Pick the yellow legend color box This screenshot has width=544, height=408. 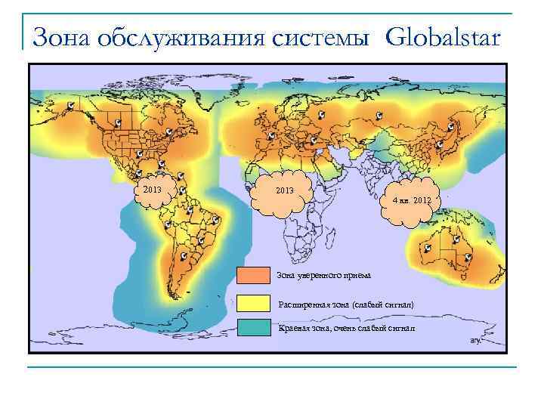tap(253, 302)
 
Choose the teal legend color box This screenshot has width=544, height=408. tap(253, 327)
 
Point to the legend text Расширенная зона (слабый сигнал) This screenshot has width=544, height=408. tap(346, 304)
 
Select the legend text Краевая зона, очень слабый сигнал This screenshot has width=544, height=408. tap(346, 328)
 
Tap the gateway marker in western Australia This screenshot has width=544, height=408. tap(428, 248)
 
